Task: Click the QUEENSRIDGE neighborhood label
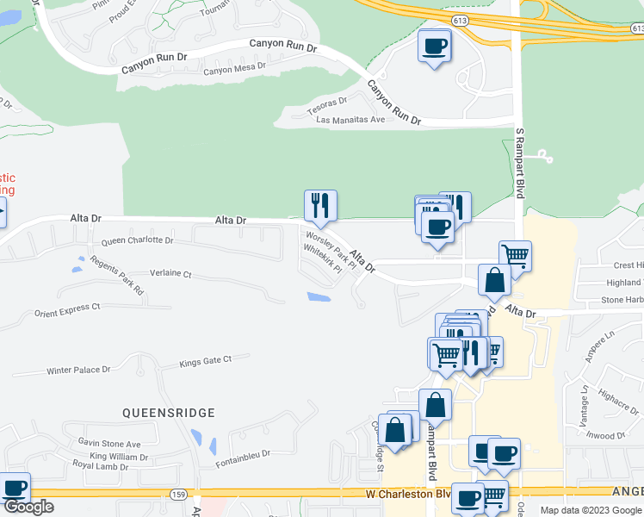click(x=168, y=413)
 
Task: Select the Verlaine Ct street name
click(x=170, y=273)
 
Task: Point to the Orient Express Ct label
click(x=67, y=307)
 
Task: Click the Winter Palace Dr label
click(x=78, y=371)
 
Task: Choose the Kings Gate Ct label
click(x=206, y=362)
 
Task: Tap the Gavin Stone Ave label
click(x=108, y=442)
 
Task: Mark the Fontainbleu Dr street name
click(x=243, y=453)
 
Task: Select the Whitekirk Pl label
click(x=323, y=258)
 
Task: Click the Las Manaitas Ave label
click(x=350, y=120)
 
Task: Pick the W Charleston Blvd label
click(x=408, y=495)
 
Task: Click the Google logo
click(x=28, y=507)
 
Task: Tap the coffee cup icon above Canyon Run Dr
click(x=435, y=46)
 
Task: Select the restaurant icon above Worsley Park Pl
click(x=320, y=205)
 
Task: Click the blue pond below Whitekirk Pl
click(x=318, y=297)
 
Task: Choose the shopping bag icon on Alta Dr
click(x=494, y=279)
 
